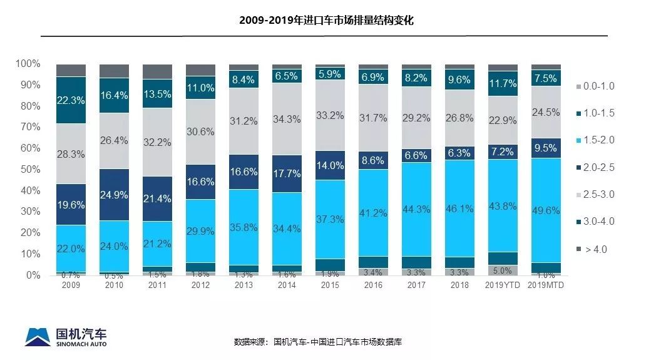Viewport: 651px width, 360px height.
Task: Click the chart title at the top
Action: pyautogui.click(x=326, y=21)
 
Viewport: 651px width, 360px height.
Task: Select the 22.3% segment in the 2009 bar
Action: pyautogui.click(x=70, y=100)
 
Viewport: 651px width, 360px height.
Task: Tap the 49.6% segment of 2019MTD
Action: pyautogui.click(x=545, y=210)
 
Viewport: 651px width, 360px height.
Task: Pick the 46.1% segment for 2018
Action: pyautogui.click(x=459, y=208)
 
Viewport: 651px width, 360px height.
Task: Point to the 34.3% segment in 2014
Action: pyautogui.click(x=286, y=118)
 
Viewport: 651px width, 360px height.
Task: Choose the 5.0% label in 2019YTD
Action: pyautogui.click(x=502, y=270)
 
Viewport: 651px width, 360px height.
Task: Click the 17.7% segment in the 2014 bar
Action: pyautogui.click(x=286, y=173)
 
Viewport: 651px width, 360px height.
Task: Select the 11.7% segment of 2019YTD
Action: pyautogui.click(x=502, y=83)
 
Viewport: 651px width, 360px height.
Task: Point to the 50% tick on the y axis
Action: pyautogui.click(x=28, y=169)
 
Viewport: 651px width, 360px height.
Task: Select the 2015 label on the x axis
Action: pyautogui.click(x=329, y=284)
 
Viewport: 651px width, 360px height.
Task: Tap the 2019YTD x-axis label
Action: pyautogui.click(x=502, y=284)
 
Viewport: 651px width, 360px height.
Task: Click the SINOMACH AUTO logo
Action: pyautogui.click(x=65, y=336)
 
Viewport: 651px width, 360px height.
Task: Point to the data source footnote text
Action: pyautogui.click(x=317, y=342)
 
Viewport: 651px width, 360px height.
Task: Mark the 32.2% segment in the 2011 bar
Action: pyautogui.click(x=156, y=142)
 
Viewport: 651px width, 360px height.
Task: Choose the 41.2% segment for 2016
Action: pyautogui.click(x=372, y=213)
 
